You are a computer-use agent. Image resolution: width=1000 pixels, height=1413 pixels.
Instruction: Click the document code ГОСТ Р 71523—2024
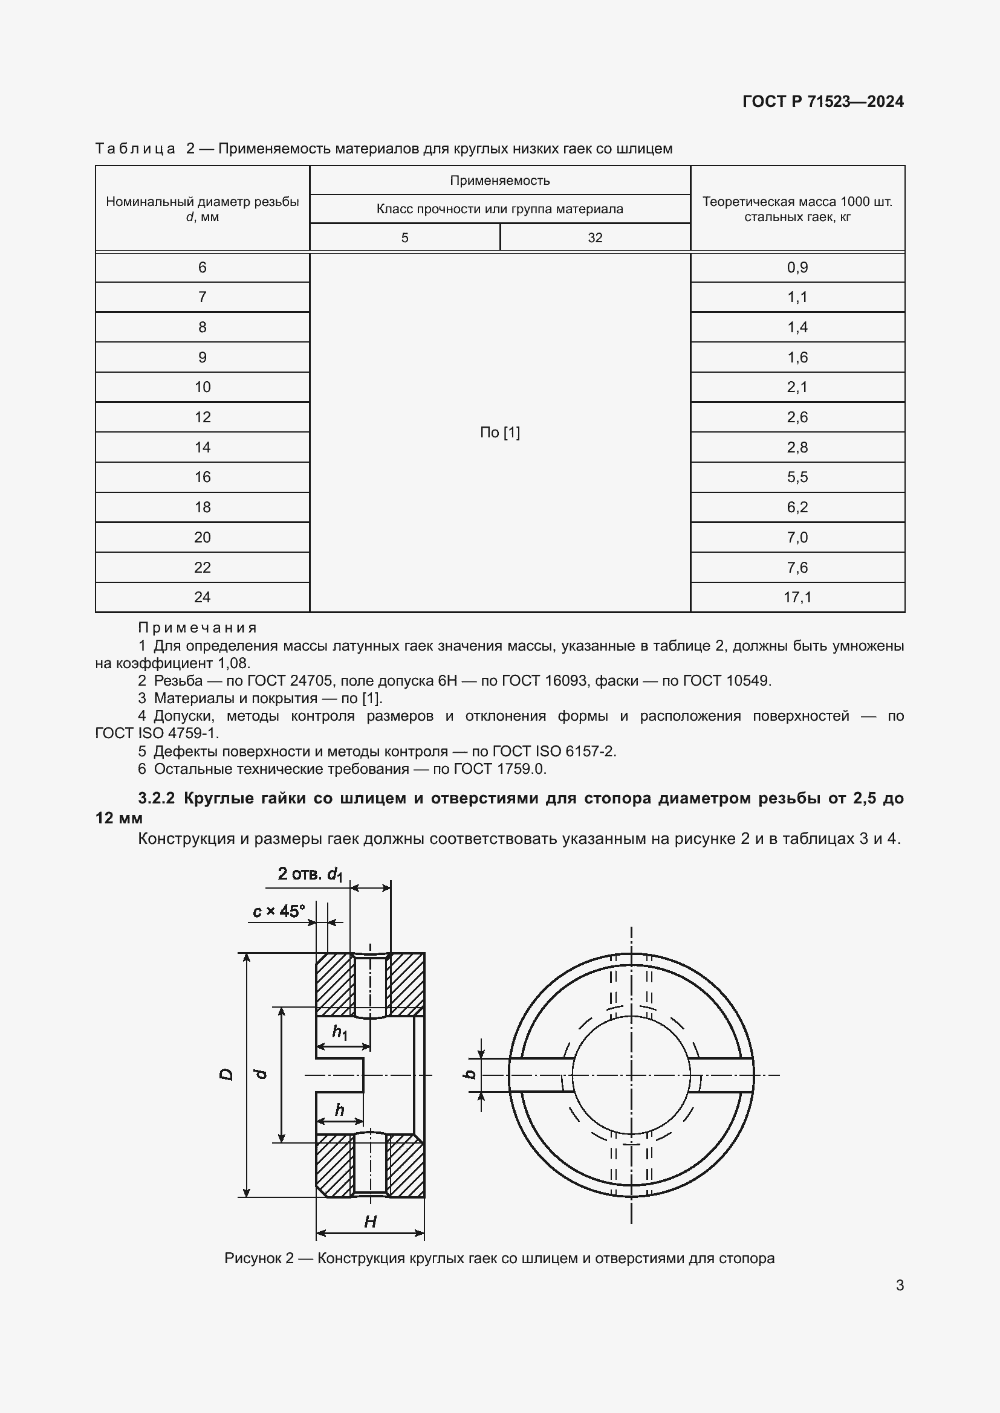(823, 101)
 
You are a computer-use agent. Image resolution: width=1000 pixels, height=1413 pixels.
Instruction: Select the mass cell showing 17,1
(797, 597)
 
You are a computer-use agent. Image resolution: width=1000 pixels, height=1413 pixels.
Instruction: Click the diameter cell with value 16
(202, 477)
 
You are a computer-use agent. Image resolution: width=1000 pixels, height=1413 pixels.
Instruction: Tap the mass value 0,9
(797, 267)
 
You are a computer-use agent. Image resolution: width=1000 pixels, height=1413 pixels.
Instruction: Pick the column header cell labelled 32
(594, 237)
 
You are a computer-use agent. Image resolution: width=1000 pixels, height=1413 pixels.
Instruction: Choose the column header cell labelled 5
(404, 237)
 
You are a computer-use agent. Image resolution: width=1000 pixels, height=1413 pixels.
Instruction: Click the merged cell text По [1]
(499, 433)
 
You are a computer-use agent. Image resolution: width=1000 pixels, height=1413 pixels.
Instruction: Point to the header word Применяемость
(499, 180)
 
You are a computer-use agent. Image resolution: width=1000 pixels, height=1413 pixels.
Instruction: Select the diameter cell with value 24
(202, 597)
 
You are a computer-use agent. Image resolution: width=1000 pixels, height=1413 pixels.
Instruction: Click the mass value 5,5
(797, 477)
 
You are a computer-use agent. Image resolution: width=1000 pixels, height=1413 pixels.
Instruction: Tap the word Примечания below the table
(197, 628)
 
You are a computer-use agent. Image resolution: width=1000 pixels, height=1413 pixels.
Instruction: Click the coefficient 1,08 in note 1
(233, 663)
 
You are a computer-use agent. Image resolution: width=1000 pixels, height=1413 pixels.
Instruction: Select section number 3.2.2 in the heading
(157, 798)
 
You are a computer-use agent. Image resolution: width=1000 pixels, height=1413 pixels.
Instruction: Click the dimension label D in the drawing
(226, 1075)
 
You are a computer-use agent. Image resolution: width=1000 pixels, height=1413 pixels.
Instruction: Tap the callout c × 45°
(278, 911)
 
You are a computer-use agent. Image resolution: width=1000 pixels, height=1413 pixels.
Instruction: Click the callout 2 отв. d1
(310, 874)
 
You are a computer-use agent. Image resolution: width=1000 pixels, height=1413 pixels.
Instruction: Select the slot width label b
(469, 1074)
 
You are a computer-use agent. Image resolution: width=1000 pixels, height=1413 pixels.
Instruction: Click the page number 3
(900, 1285)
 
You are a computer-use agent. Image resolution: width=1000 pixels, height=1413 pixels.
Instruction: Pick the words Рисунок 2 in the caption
(259, 1258)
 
